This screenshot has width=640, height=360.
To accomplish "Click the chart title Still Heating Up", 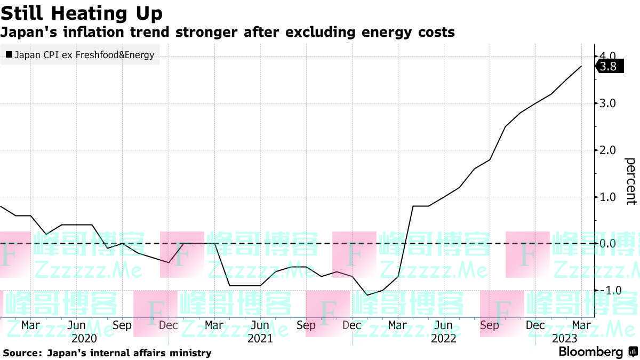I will [82, 13].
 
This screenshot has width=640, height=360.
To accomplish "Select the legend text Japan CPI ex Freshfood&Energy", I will [84, 54].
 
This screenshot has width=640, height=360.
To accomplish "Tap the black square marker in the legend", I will [9, 54].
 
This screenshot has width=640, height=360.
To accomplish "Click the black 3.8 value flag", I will [608, 67].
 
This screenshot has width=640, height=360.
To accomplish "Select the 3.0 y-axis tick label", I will [608, 103].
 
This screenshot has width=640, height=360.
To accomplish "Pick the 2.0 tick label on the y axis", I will [608, 150].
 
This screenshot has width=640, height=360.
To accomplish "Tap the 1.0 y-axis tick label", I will [608, 197].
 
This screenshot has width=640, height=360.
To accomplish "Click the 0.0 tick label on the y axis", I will [608, 244].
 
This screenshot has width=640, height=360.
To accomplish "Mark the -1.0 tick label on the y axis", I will [606, 290].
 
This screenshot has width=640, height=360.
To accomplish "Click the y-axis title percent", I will [630, 181].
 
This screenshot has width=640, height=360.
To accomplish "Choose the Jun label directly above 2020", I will [77, 325].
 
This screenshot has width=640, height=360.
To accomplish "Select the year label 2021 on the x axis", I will [260, 339].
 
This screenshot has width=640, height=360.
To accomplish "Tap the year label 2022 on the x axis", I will [443, 339].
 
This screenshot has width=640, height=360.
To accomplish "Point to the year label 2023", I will [564, 339].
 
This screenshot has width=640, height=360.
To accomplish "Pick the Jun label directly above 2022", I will [443, 325].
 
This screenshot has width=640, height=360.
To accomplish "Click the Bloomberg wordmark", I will [590, 352].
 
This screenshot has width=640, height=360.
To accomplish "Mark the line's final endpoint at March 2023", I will [581, 66].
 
